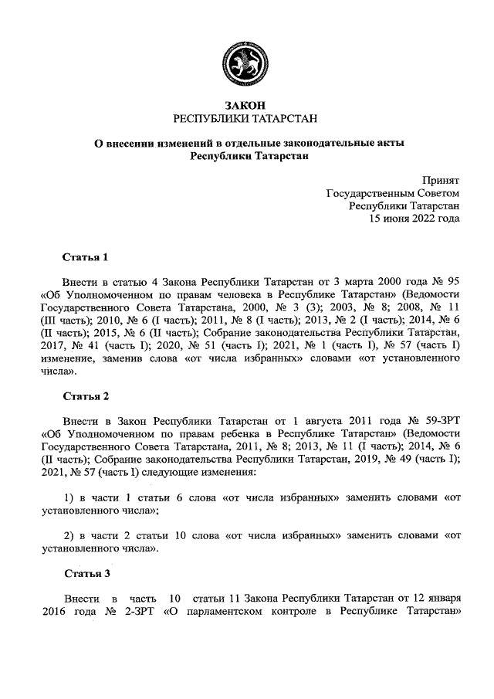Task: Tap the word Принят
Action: (x=441, y=178)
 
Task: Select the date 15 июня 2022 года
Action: (x=415, y=219)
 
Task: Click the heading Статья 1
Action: (x=86, y=256)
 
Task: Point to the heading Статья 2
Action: (x=86, y=396)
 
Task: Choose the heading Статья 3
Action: (x=86, y=574)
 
